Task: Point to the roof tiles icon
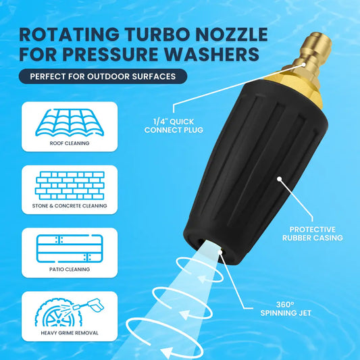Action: [70, 121]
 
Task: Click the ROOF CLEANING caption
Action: [70, 143]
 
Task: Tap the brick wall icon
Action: [70, 184]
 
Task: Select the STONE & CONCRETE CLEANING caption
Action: [70, 205]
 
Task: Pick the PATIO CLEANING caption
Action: [70, 269]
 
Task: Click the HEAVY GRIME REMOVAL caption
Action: [70, 332]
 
